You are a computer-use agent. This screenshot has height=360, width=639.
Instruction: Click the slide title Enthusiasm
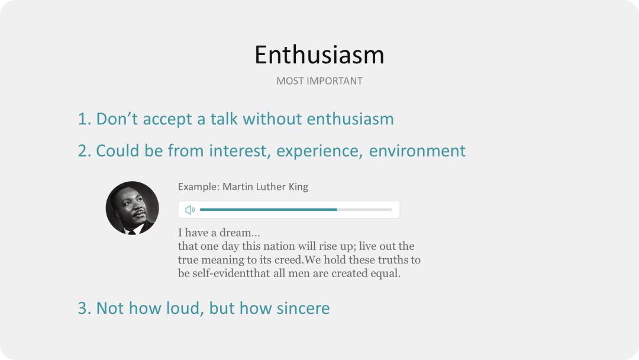319,54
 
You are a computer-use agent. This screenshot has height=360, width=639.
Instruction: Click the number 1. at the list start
85,119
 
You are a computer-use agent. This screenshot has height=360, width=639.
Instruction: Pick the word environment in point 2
417,151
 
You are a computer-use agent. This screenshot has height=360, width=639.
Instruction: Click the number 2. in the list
85,151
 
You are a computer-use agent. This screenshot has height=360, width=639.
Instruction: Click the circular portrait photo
132,208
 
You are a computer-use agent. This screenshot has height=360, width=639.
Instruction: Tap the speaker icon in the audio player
190,210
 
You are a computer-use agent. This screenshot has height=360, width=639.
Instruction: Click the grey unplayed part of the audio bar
364,210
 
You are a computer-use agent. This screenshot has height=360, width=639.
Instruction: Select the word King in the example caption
298,187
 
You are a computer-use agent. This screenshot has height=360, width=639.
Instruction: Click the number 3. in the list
85,308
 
